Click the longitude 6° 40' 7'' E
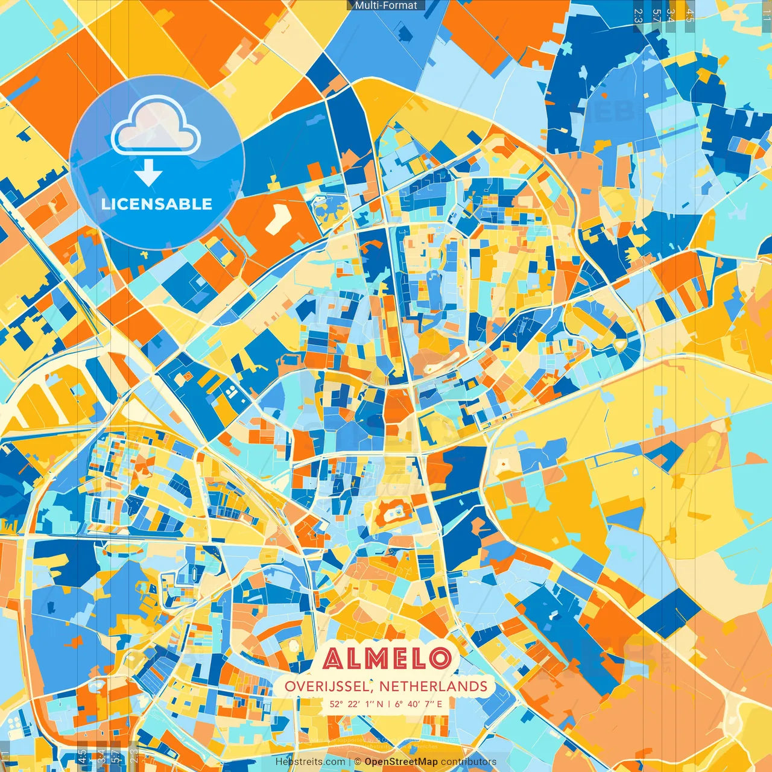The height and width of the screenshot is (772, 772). coord(419,704)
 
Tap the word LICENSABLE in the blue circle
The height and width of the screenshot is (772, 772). coord(157,204)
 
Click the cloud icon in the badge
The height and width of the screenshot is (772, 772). coord(156,126)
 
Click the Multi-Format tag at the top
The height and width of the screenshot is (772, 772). coord(386,5)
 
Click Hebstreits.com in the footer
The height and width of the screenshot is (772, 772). coord(310,762)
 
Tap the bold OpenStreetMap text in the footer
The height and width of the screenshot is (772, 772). coord(401,762)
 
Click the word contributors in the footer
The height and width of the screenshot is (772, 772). coord(469,762)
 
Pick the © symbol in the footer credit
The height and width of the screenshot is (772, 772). coord(358,762)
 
